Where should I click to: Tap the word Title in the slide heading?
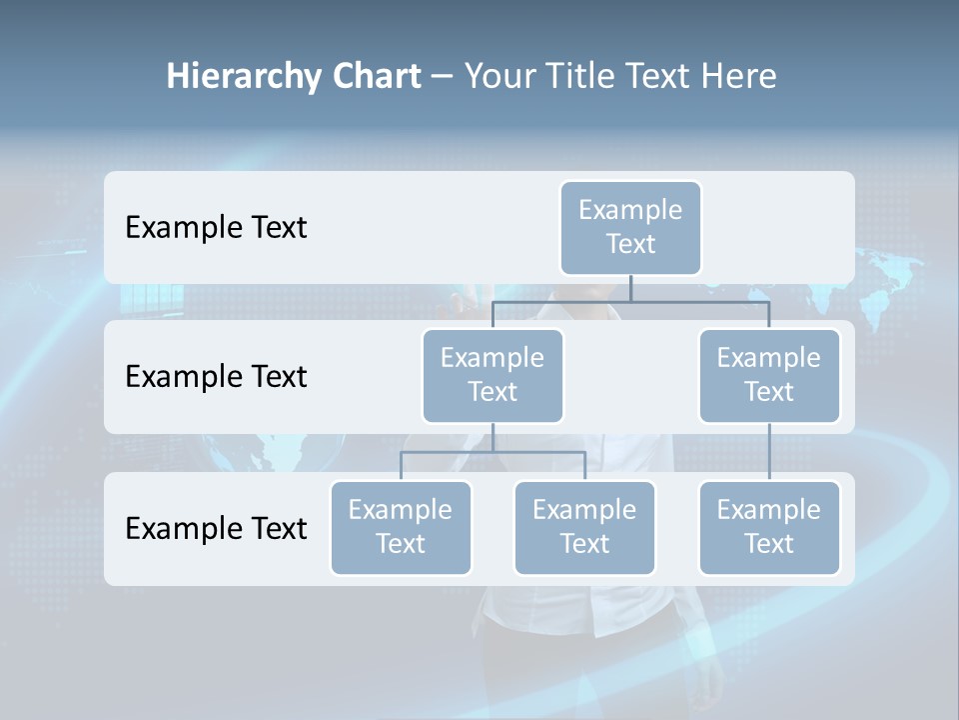click(578, 77)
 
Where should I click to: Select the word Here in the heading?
click(738, 77)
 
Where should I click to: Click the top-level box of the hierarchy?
click(630, 228)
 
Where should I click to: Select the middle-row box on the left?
click(492, 376)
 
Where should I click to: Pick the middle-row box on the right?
click(769, 376)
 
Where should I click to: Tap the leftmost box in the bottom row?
click(401, 528)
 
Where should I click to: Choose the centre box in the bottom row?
click(584, 528)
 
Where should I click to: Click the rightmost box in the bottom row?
click(769, 528)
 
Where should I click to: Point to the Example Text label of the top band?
click(216, 228)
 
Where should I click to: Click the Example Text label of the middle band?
click(216, 377)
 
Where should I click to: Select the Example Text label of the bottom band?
click(216, 529)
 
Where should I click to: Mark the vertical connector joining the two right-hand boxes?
click(769, 452)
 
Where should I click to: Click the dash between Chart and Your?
click(443, 77)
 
